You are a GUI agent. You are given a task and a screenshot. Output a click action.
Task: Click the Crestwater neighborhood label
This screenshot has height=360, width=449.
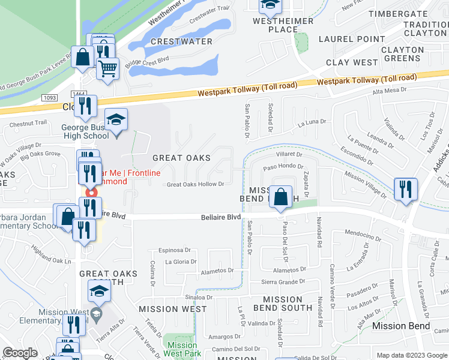[x=181, y=41]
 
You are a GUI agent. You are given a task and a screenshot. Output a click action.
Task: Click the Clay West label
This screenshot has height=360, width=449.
[x=352, y=62]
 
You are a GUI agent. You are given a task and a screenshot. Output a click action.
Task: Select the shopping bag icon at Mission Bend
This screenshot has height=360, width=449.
[x=280, y=197]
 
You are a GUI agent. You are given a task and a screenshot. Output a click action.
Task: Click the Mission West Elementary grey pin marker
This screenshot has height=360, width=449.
[x=96, y=313]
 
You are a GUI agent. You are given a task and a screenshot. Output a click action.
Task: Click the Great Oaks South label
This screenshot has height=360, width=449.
[x=108, y=278]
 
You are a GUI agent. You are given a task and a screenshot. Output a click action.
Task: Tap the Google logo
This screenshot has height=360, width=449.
[x=20, y=353]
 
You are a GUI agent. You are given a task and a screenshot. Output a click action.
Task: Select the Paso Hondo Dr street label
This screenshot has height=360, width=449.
[x=276, y=167]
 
